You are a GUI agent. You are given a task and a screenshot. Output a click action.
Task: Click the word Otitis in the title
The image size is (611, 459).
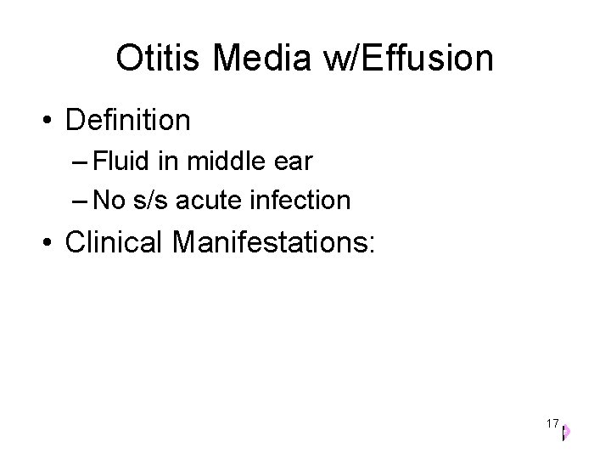tap(160, 59)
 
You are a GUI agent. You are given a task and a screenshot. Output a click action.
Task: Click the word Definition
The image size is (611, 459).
tap(127, 120)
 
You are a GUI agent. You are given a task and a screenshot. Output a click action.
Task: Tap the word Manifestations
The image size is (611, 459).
tap(272, 241)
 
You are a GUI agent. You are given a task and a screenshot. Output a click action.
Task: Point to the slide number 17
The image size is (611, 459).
tap(552, 423)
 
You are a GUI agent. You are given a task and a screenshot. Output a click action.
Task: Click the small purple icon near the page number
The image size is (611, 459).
tap(565, 432)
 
